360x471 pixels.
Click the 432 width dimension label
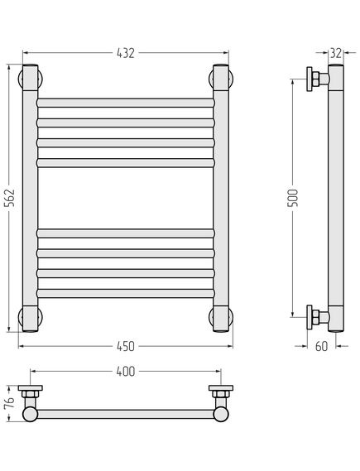click(126, 53)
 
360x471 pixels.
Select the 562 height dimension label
click(11, 198)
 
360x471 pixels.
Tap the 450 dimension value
click(126, 346)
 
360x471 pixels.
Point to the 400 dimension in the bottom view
click(126, 372)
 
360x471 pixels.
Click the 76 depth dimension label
click(9, 403)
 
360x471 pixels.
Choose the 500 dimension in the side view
click(293, 198)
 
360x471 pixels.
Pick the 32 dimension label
click(336, 53)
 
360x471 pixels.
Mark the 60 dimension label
click(321, 346)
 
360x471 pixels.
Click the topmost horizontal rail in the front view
click(126, 103)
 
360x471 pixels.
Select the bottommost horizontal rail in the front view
click(126, 294)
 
